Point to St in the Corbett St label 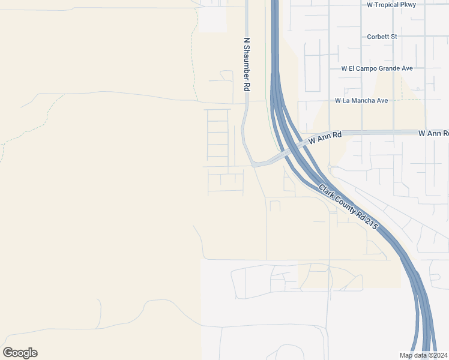click(394, 37)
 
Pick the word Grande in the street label click(391, 68)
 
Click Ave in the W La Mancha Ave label click(382, 100)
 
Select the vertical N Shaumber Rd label click(246, 65)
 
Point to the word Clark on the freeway click(327, 191)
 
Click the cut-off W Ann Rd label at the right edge click(433, 133)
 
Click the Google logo click(20, 353)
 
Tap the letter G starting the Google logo click(8, 352)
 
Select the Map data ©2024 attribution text click(423, 356)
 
